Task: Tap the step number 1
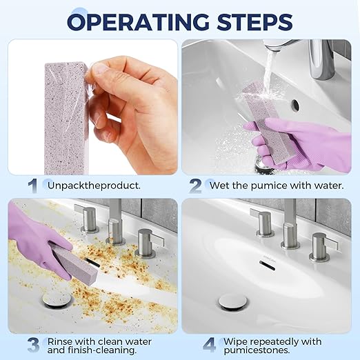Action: [x=32, y=185]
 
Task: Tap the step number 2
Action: [x=196, y=185]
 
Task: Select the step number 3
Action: [x=32, y=343]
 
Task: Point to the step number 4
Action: [x=210, y=343]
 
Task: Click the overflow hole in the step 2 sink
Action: [x=295, y=105]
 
